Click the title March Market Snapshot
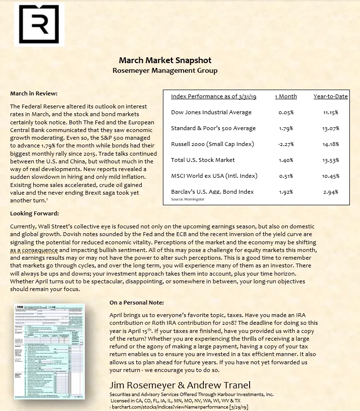(x=165, y=61)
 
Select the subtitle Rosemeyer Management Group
(x=165, y=71)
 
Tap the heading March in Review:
(x=34, y=93)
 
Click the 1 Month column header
(x=286, y=96)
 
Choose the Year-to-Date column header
(x=331, y=96)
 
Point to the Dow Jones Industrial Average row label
(x=211, y=112)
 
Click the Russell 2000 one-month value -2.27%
(x=286, y=144)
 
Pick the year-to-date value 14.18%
(x=331, y=144)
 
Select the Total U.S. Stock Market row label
(x=203, y=160)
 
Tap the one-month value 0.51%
(x=286, y=176)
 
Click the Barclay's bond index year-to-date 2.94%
(x=331, y=192)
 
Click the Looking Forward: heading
(x=34, y=213)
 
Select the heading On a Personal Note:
(x=136, y=303)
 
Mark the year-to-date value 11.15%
(x=331, y=112)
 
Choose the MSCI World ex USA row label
(x=214, y=176)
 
